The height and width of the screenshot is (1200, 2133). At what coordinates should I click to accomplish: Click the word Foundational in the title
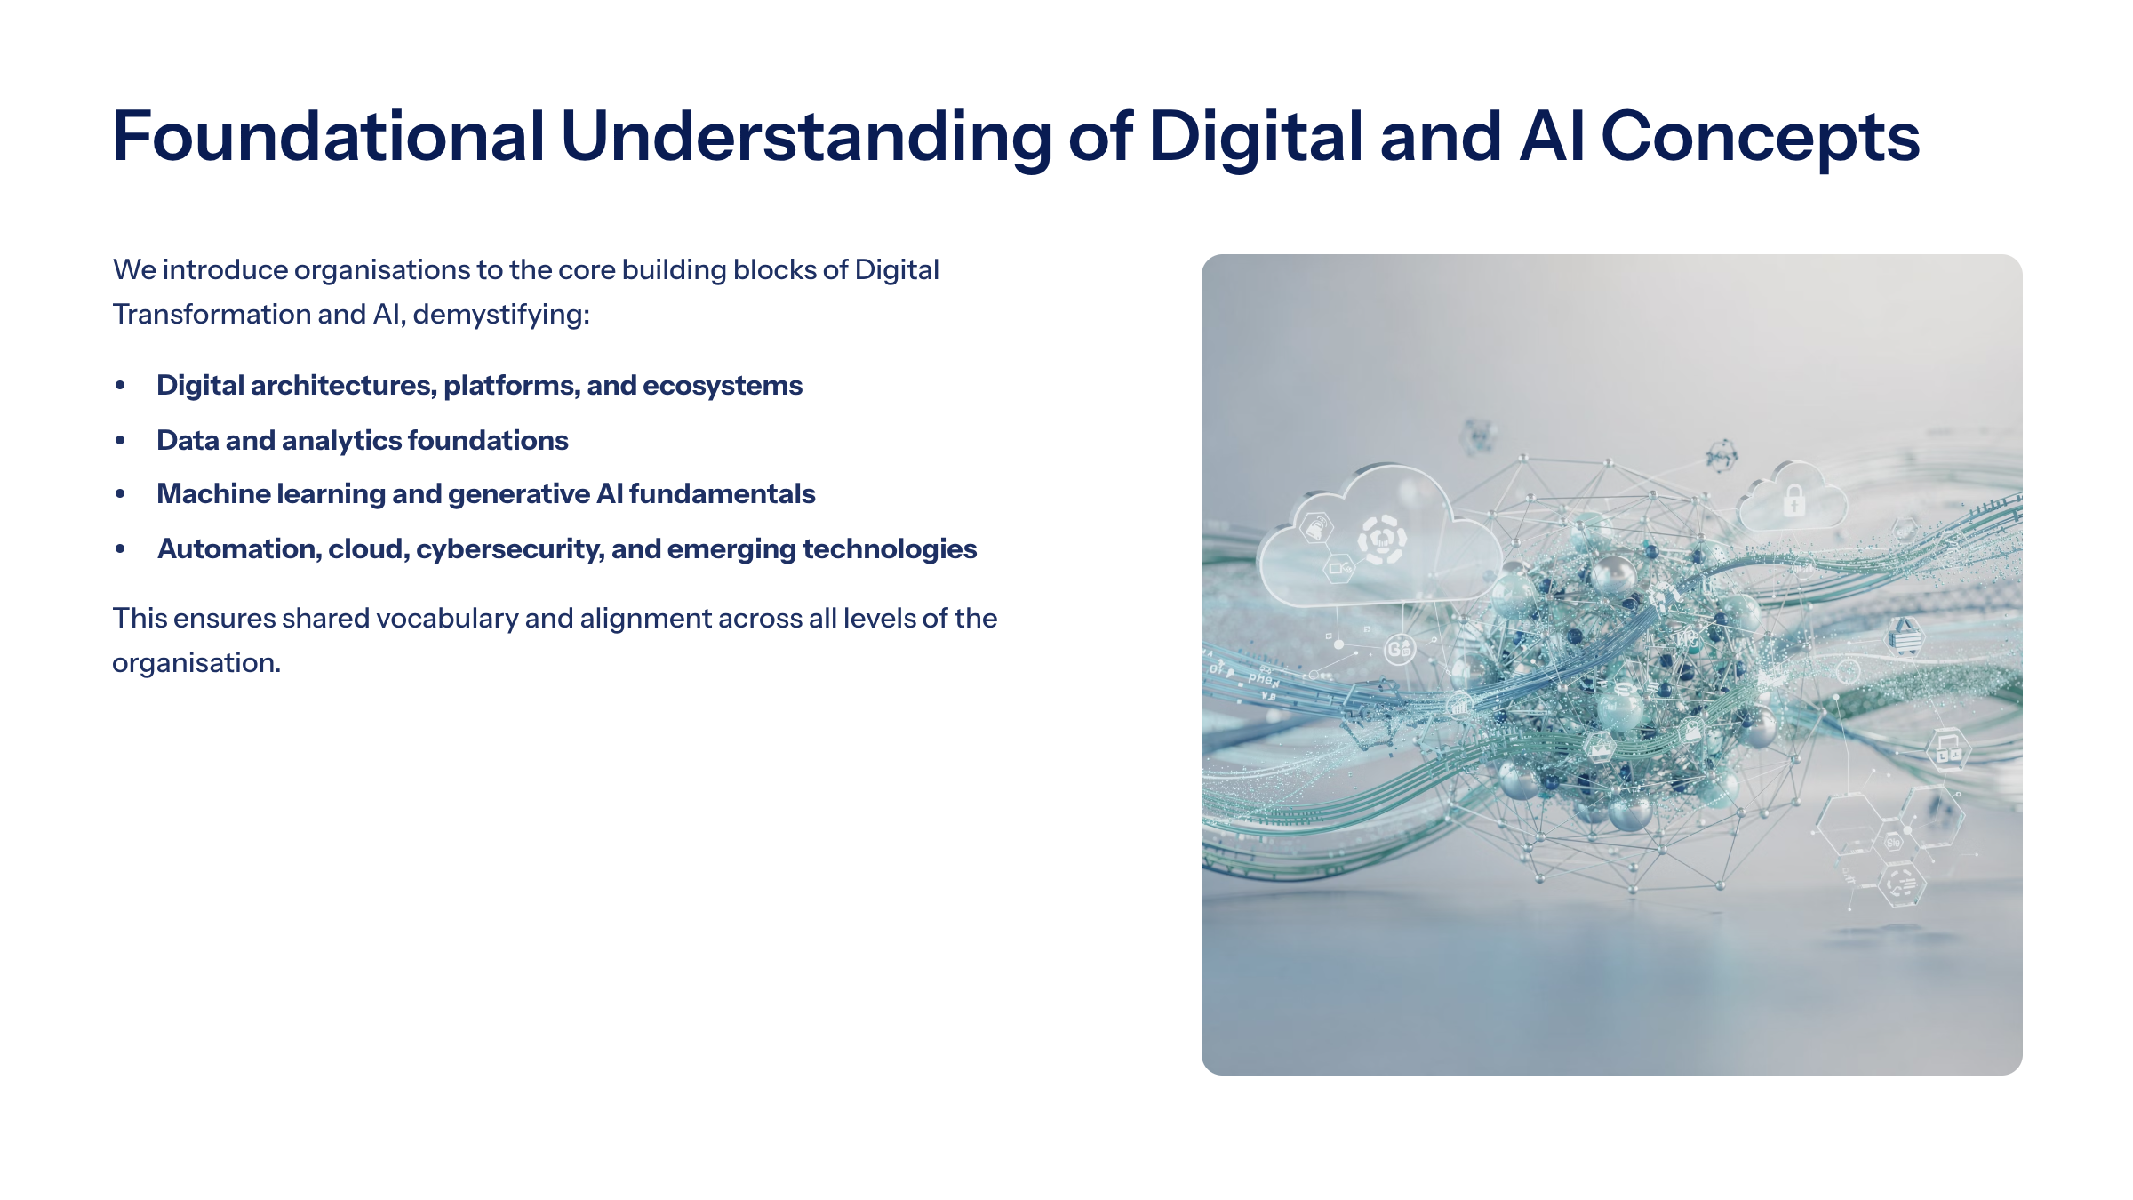(x=329, y=136)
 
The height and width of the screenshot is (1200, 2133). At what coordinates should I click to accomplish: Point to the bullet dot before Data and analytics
(x=120, y=441)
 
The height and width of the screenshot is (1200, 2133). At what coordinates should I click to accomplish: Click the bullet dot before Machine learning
(x=120, y=494)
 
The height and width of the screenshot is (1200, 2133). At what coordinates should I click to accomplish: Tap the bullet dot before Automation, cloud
(x=120, y=549)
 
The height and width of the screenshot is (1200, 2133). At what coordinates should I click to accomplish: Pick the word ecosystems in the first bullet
(x=723, y=387)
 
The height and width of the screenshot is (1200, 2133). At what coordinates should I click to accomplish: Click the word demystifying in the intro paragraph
(x=501, y=316)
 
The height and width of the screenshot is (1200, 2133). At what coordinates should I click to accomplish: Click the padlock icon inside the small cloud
(x=1794, y=500)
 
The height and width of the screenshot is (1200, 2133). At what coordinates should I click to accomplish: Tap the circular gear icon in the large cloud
(x=1382, y=540)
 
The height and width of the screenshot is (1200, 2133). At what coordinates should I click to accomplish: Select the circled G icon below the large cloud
(x=1399, y=649)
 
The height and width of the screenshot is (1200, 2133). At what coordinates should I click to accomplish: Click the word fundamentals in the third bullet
(x=723, y=494)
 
